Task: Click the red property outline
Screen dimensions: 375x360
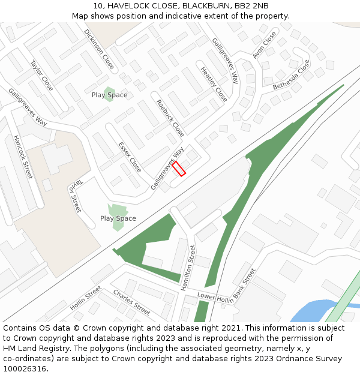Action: click(x=179, y=168)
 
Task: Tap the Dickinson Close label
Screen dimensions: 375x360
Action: click(x=99, y=49)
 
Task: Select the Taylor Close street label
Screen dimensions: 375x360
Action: click(x=42, y=75)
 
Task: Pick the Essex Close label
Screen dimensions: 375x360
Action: click(x=130, y=157)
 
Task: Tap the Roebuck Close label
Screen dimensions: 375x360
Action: click(x=170, y=118)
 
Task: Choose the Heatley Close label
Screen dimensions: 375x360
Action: click(x=214, y=84)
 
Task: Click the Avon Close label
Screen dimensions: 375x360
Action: click(x=265, y=45)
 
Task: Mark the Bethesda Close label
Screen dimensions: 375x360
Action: click(x=292, y=75)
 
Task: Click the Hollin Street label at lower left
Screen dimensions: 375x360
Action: click(x=85, y=298)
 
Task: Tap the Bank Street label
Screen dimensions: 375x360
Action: click(x=244, y=283)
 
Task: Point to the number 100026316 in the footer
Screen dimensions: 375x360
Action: click(x=25, y=368)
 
